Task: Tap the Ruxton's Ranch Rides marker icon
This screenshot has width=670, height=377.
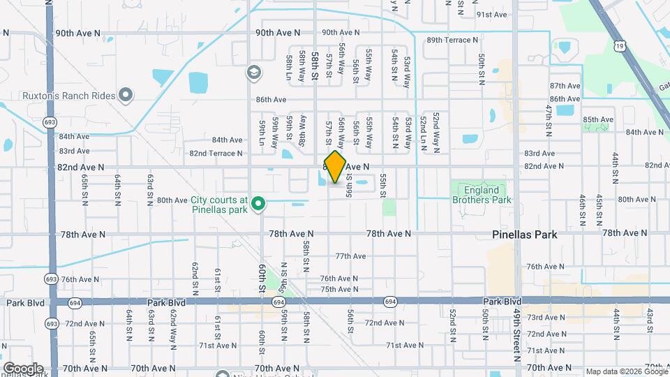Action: coord(126,94)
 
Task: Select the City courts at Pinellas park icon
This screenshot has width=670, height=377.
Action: coord(258,204)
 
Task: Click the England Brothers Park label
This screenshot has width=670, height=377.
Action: coord(482,195)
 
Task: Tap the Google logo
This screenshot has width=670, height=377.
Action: coord(22,368)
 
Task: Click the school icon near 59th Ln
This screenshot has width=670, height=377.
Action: coord(253,72)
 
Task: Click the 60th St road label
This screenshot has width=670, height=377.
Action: coord(262,279)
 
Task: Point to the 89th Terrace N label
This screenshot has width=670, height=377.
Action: coord(451,40)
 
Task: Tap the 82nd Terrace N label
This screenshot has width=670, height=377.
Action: coord(216,153)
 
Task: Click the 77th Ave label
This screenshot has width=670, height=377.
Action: coord(350,256)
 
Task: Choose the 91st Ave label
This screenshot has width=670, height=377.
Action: coord(491,15)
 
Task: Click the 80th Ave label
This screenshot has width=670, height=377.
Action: coord(172,200)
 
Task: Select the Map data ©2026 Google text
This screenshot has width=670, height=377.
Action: coord(625,371)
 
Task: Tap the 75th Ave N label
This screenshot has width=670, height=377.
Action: coord(339,289)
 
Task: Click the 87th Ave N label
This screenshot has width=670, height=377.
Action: coord(565,85)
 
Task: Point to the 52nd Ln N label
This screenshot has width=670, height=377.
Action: coord(423,130)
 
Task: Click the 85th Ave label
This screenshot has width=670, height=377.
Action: coord(598,119)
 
